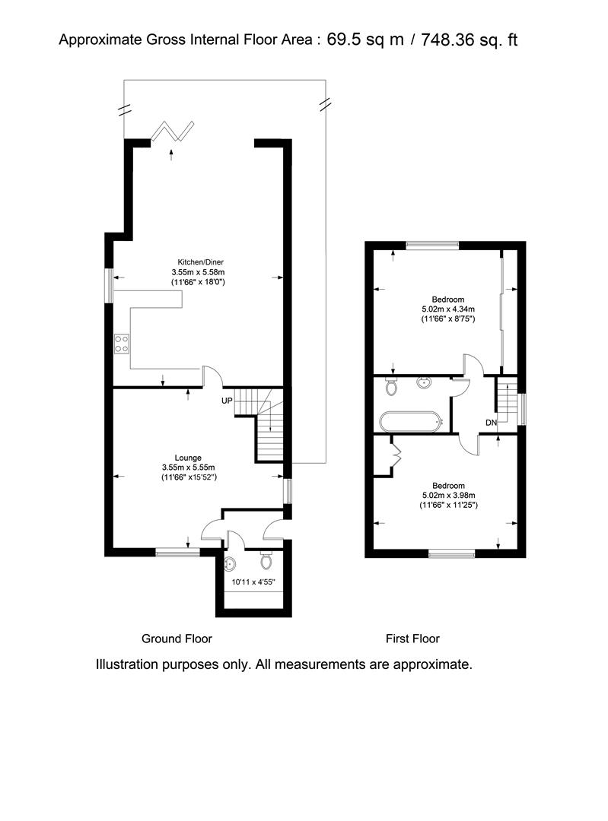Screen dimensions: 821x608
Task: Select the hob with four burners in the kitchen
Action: pos(122,344)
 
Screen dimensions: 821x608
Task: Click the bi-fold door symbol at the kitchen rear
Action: pos(173,132)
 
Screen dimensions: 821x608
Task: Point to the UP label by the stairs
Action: pos(227,401)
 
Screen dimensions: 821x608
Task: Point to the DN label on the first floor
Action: pos(491,423)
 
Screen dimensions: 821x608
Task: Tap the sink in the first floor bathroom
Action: pos(426,383)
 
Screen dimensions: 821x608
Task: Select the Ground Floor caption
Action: pos(177,639)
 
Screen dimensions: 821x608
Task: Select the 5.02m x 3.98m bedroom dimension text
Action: pos(448,496)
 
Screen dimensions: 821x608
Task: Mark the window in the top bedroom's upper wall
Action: pos(432,245)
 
